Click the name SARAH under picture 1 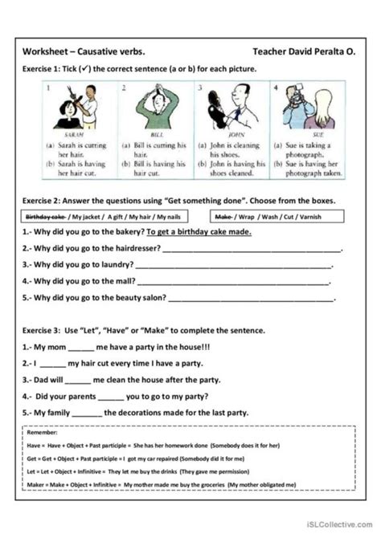73,137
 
